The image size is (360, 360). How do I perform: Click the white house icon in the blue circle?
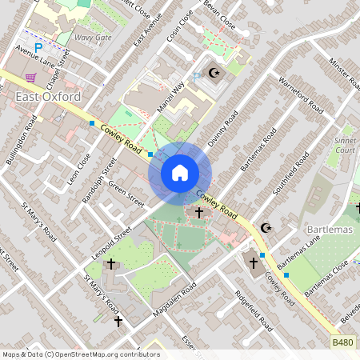coord(180,172)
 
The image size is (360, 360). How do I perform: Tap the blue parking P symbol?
coord(38,48)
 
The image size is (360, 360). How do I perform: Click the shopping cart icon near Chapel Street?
coord(31,78)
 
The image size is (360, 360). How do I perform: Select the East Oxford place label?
coord(47,97)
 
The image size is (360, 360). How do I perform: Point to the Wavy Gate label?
coord(93,38)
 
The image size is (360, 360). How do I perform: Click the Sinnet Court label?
coord(345,144)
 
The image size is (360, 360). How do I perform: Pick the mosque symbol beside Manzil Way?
coord(214,73)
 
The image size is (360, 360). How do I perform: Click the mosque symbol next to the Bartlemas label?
coord(267,229)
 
